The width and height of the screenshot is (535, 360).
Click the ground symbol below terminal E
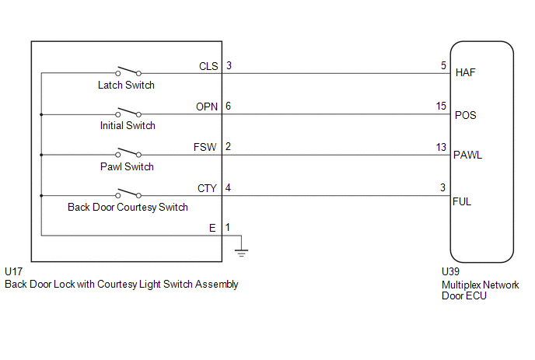[241, 253]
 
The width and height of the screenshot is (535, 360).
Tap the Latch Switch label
[126, 85]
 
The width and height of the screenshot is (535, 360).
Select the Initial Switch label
[128, 126]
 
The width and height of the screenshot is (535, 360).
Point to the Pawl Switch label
[127, 166]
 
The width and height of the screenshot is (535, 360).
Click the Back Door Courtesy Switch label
[128, 207]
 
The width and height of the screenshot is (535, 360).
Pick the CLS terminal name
[208, 66]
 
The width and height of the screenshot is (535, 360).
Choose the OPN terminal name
[207, 107]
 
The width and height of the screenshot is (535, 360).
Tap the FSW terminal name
[205, 147]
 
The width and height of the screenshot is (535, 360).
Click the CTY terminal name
[207, 188]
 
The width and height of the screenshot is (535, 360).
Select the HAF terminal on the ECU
[465, 72]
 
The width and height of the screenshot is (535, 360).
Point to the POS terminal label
[465, 115]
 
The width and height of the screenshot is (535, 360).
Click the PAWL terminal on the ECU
[467, 156]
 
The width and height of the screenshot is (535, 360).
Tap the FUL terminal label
[462, 201]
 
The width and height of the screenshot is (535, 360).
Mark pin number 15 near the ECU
[441, 106]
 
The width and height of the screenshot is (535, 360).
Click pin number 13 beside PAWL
[441, 147]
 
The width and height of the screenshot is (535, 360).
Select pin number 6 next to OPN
[229, 106]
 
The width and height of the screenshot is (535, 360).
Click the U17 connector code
[14, 271]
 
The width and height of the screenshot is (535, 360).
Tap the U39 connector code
[450, 271]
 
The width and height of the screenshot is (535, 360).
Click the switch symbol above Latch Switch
[128, 71]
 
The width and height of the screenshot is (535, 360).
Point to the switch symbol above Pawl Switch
[128, 152]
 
